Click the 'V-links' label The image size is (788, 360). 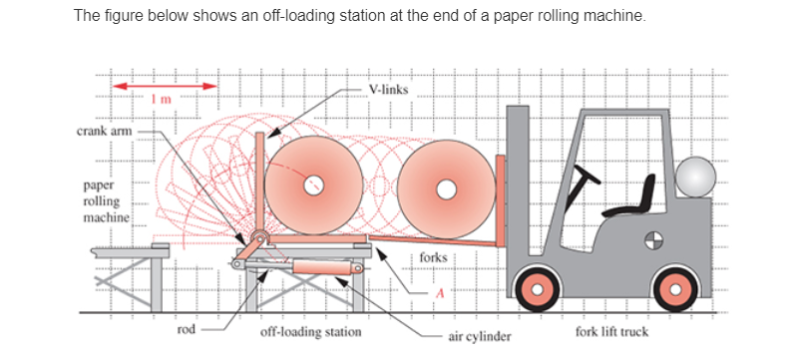click(388, 89)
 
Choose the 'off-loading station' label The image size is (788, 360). click(311, 331)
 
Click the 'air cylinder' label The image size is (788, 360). click(480, 337)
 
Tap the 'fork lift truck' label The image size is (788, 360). click(611, 331)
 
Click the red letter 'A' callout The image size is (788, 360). click(436, 293)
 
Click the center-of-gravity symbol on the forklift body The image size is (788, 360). click(653, 239)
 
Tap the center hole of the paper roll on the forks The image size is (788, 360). click(446, 186)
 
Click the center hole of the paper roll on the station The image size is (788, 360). click(313, 185)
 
